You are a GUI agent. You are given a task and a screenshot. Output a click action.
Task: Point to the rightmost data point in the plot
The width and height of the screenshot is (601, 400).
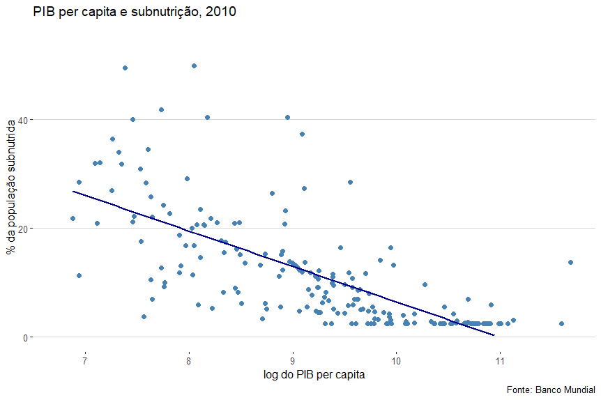click(x=570, y=262)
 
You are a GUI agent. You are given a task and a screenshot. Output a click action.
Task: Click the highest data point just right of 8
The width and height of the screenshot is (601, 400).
click(x=194, y=66)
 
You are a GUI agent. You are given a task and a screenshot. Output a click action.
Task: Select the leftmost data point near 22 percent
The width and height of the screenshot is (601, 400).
click(x=73, y=218)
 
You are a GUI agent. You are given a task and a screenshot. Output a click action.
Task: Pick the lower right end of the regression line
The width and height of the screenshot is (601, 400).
click(x=494, y=335)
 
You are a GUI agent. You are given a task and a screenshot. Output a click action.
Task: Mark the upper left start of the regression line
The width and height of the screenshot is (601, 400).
click(x=73, y=191)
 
